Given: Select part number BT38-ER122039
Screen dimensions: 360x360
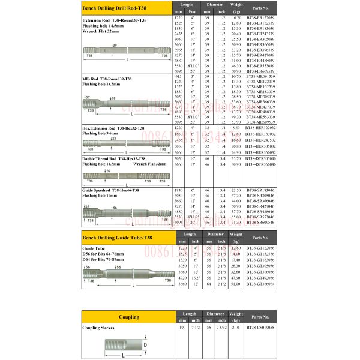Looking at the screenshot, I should click(x=261, y=18).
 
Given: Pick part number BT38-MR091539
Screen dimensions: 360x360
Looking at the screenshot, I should click(x=261, y=76).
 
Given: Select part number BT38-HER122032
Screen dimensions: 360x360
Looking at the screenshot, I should click(x=261, y=128).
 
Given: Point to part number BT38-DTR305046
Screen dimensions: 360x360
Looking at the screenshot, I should click(x=261, y=158).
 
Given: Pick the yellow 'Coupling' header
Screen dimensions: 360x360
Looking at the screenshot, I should click(x=128, y=316).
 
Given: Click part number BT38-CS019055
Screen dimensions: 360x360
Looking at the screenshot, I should click(x=261, y=328).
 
